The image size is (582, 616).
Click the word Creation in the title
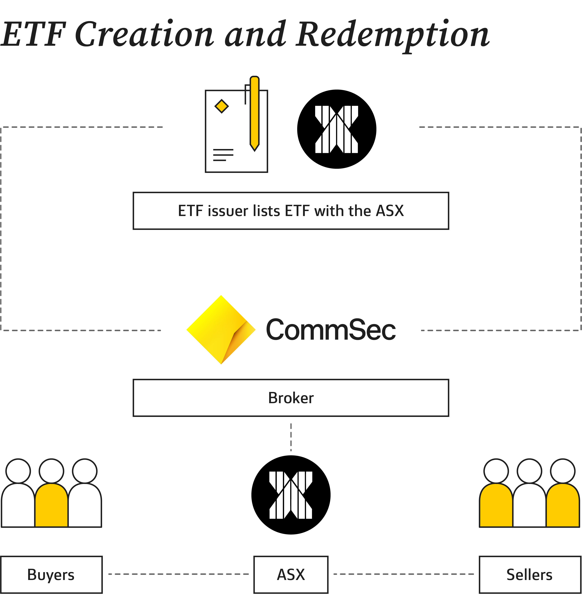[x=144, y=34]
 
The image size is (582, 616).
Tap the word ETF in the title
[x=33, y=34]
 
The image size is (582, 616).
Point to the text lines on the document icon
[x=223, y=155]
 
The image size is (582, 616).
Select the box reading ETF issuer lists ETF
[x=291, y=211]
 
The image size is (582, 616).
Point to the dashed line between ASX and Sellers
[x=403, y=574]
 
